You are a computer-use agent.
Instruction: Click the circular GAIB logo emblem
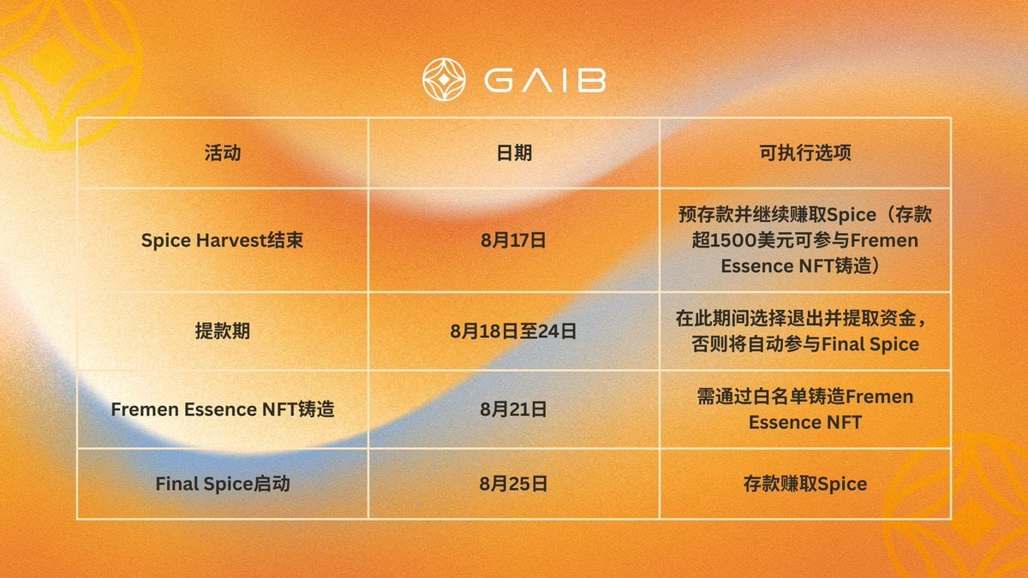(x=444, y=80)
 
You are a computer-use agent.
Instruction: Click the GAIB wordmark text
(x=545, y=80)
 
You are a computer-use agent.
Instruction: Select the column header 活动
(x=223, y=152)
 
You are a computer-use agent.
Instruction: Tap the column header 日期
(x=514, y=152)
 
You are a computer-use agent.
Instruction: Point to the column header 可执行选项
(x=805, y=152)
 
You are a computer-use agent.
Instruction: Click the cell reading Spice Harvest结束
(x=222, y=241)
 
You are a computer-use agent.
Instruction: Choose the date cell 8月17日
(x=513, y=241)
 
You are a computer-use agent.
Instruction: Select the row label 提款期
(x=223, y=331)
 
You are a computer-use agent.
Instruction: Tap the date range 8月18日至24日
(x=513, y=331)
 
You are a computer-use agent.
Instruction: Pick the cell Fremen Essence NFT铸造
(x=223, y=409)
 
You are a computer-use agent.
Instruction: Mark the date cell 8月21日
(x=513, y=409)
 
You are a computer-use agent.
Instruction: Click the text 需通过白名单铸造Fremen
(x=805, y=396)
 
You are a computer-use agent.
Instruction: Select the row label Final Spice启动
(x=223, y=484)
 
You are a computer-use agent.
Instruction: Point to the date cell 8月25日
(x=513, y=484)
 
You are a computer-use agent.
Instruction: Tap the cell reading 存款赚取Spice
(x=805, y=484)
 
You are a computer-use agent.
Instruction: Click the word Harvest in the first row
(x=232, y=241)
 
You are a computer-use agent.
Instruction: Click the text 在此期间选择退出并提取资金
(x=796, y=318)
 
